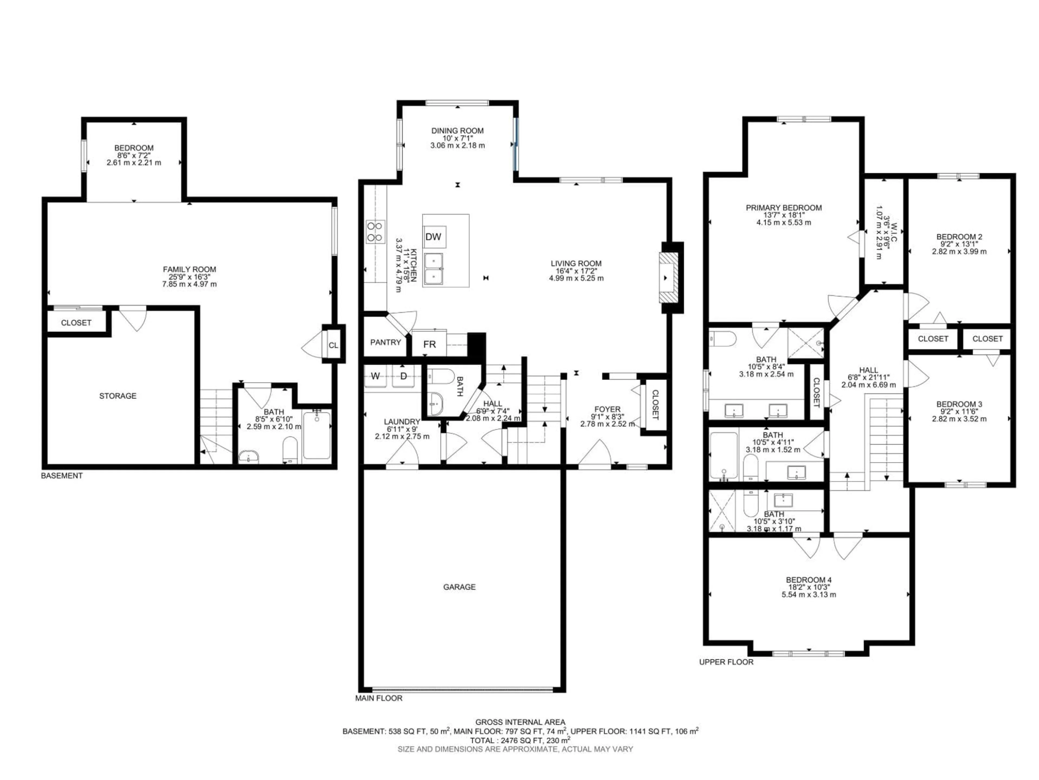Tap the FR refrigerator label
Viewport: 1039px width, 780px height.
[x=429, y=344]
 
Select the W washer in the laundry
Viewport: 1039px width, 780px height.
[x=375, y=376]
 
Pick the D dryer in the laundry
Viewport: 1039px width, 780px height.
[x=403, y=376]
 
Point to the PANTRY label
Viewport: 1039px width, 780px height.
[x=385, y=342]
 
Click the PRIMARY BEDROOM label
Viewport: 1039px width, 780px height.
[x=784, y=208]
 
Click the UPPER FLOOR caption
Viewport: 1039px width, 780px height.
[x=726, y=662]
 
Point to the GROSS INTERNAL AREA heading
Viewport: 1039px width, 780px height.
[x=520, y=722]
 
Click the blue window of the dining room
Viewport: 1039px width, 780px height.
[x=515, y=144]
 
